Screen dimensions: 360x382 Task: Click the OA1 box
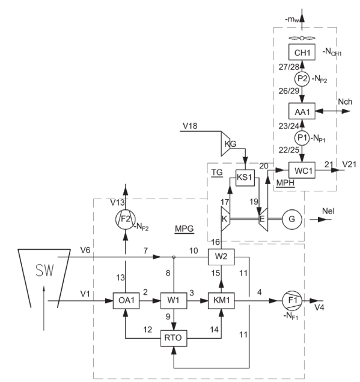click(126, 301)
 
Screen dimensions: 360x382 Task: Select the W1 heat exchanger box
click(174, 301)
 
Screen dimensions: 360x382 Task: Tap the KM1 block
click(221, 301)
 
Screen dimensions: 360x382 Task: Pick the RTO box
click(174, 338)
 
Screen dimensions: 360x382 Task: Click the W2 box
click(221, 257)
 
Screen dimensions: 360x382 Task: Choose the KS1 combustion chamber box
click(245, 177)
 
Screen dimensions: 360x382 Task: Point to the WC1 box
click(302, 170)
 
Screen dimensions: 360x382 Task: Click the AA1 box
click(302, 111)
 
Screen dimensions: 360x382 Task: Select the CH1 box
click(302, 52)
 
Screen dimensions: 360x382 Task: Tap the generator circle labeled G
click(292, 219)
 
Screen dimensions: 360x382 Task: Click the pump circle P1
click(302, 138)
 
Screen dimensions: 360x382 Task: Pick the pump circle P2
click(302, 79)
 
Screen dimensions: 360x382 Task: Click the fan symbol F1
click(292, 301)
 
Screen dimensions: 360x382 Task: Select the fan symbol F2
click(126, 220)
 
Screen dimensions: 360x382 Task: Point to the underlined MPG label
click(185, 229)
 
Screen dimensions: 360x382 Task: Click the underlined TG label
click(217, 173)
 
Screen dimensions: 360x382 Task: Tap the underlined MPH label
click(285, 183)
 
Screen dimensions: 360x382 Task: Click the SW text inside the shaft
click(44, 270)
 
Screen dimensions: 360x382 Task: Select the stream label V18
click(190, 126)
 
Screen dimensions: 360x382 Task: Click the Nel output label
click(328, 211)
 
